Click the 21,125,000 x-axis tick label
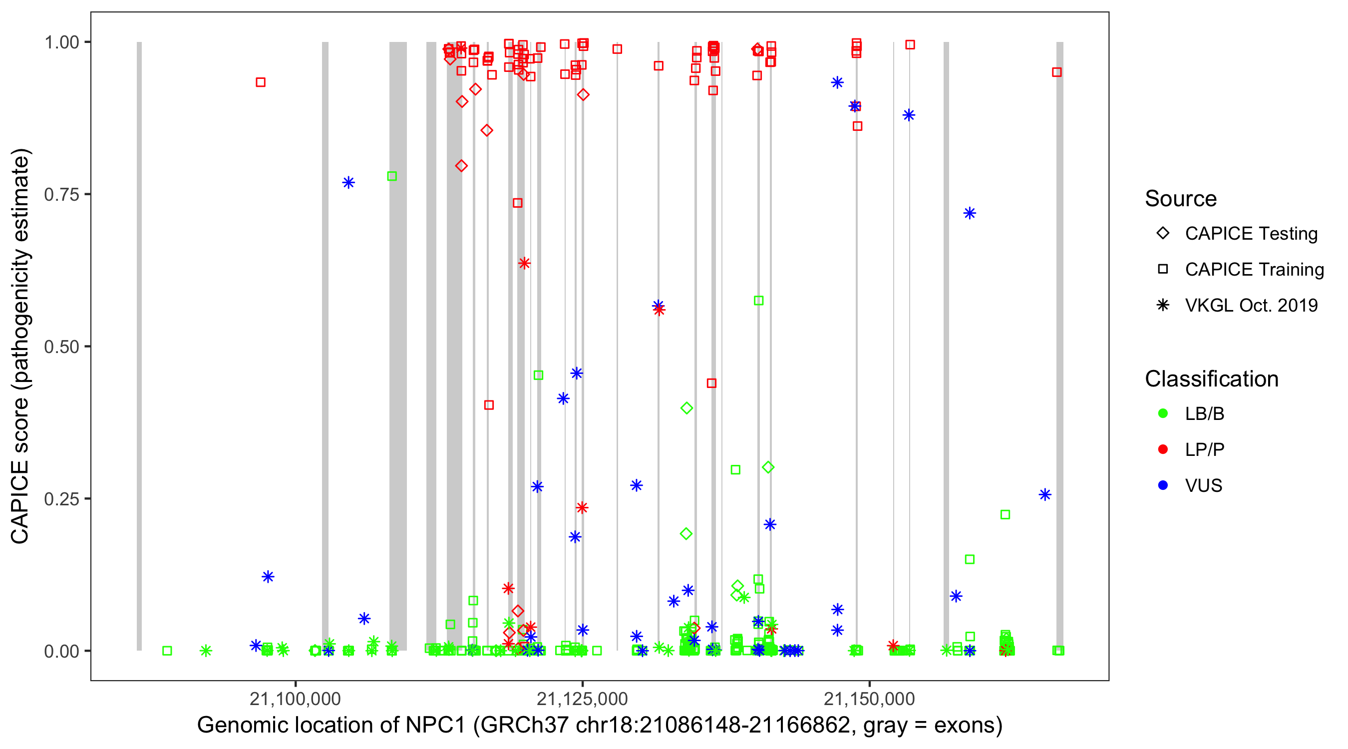[x=582, y=699]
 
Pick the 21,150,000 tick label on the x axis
[x=869, y=699]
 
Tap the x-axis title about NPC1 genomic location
[x=600, y=726]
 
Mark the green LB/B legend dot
[x=1163, y=414]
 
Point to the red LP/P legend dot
[x=1163, y=449]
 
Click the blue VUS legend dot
[x=1163, y=486]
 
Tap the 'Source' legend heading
[x=1181, y=199]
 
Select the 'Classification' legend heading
[x=1211, y=379]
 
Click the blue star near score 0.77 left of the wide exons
[x=348, y=183]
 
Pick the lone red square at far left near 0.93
[x=261, y=82]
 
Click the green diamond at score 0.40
[x=686, y=408]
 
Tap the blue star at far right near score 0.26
[x=1045, y=495]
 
